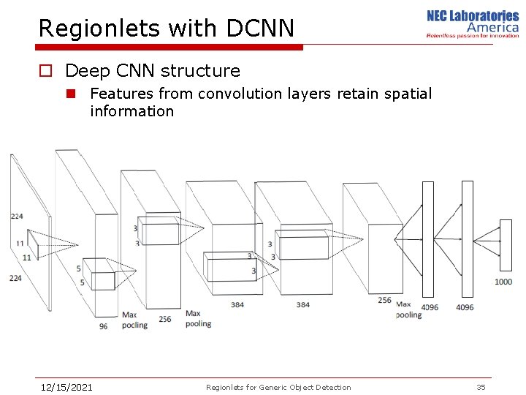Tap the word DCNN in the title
click(260, 29)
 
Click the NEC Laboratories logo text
click(473, 16)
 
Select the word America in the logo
click(493, 28)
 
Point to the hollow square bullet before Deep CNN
click(45, 71)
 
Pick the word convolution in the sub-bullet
click(233, 94)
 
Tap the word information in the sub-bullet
click(131, 111)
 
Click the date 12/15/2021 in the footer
click(66, 387)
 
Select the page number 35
click(481, 387)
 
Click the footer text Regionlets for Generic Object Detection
click(278, 387)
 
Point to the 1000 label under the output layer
click(503, 282)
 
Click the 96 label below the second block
click(103, 326)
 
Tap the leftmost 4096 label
click(429, 307)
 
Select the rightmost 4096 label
click(465, 307)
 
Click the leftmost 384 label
click(237, 304)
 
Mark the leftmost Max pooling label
click(134, 320)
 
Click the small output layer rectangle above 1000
click(506, 245)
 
